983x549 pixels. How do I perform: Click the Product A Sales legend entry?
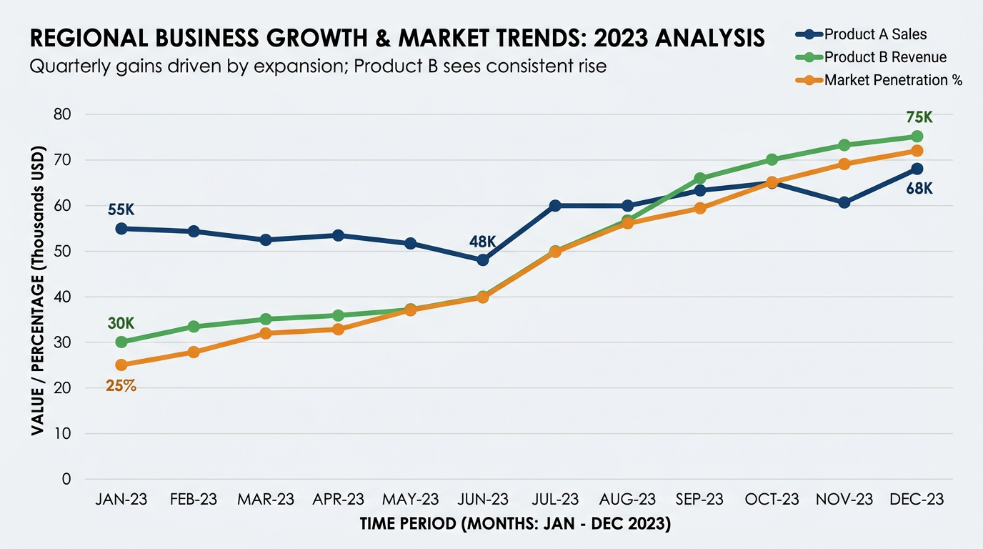point(874,34)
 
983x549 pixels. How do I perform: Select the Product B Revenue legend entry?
point(884,57)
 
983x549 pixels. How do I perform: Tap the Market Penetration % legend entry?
point(892,80)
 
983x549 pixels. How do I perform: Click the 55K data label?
point(121,209)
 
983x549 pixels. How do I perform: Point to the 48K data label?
point(483,241)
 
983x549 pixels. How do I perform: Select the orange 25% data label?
point(121,386)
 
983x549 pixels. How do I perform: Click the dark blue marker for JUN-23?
point(483,260)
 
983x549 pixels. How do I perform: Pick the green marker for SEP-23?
point(700,178)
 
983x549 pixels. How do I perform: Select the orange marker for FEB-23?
point(194,352)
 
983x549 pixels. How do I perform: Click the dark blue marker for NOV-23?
point(844,202)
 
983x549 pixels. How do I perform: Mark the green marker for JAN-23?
point(121,342)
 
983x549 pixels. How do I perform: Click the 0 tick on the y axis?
point(67,479)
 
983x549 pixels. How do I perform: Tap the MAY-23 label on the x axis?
point(411,499)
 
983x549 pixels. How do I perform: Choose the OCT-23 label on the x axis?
point(772,499)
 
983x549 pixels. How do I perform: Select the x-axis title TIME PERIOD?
point(515,524)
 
